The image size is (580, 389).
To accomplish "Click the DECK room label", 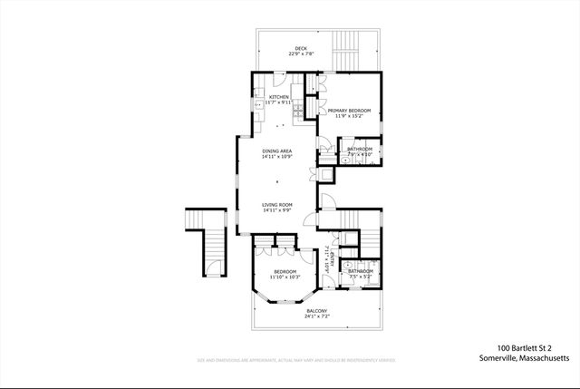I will [299, 48].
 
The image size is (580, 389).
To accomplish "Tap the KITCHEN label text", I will [278, 97].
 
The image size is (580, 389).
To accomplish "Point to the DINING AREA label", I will [277, 151].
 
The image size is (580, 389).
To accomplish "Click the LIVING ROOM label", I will [276, 205].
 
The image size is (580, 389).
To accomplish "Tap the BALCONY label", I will [317, 311].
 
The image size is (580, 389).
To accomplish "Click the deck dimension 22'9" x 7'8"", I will [299, 54].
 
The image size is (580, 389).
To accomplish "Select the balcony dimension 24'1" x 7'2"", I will [317, 317].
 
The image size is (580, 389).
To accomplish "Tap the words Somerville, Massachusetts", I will [525, 359].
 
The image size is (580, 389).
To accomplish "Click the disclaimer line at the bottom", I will [296, 361].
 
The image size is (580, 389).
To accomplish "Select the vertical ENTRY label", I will [324, 261].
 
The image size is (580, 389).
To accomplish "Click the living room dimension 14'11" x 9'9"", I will [276, 211].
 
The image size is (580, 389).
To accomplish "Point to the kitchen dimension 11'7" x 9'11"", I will [278, 103].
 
